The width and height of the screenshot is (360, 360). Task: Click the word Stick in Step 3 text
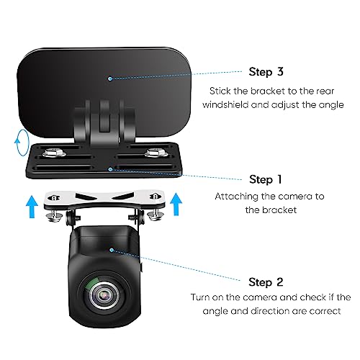pos(222,91)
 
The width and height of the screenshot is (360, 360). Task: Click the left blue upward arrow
pos(30,207)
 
